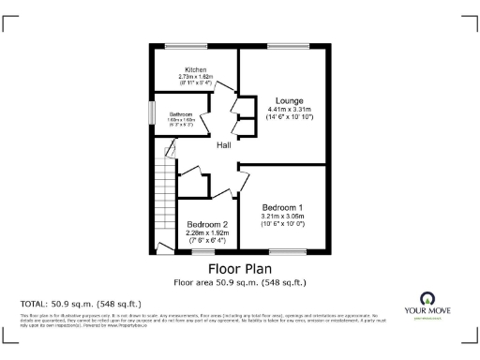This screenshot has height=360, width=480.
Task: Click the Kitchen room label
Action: [x=195, y=69]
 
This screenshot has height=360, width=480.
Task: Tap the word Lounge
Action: [x=288, y=99]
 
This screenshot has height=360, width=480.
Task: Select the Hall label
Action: [x=224, y=146]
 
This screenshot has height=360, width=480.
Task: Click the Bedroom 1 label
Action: [x=282, y=206]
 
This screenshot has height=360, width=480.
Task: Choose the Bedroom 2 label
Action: [x=207, y=225]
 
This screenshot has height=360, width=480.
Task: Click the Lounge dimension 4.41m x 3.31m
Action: [x=287, y=110]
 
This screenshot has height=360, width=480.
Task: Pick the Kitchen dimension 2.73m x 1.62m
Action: [x=195, y=77]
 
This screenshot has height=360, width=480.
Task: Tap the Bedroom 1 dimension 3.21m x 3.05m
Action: [x=282, y=216]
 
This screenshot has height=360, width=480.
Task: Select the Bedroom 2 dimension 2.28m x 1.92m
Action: [x=207, y=233]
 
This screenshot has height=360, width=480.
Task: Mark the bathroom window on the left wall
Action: [x=151, y=112]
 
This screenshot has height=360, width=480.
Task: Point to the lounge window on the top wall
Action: [x=283, y=46]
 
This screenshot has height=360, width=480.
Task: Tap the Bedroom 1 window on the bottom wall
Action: [x=283, y=251]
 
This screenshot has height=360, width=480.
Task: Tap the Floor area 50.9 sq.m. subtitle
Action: [x=240, y=281]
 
